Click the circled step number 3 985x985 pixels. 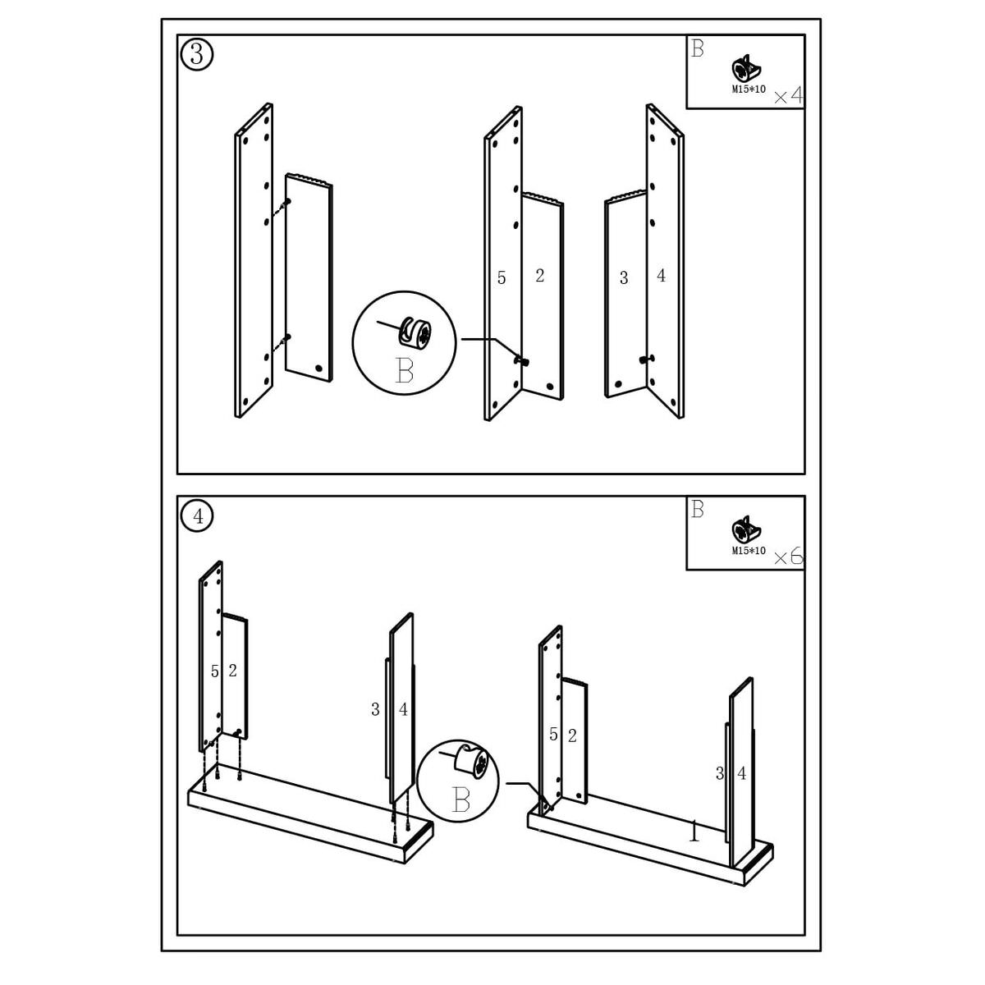coord(196,54)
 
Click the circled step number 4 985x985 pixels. coord(196,515)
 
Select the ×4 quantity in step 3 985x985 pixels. coord(788,97)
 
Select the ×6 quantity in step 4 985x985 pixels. coord(788,557)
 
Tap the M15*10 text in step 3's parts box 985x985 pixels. coord(749,89)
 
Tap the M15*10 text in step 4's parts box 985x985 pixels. coord(749,550)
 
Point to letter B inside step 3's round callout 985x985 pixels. coord(404,371)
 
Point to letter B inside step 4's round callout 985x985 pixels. coord(460,799)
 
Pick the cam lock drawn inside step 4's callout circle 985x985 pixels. coord(473,762)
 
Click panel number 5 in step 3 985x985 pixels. coord(502,278)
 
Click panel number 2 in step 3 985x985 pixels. coord(539,276)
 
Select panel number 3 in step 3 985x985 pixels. coord(624,278)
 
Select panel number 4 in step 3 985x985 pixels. coord(662,276)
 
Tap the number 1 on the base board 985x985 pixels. coord(694,833)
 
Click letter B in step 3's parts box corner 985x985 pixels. coord(697,48)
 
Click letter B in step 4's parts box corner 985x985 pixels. coord(697,509)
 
